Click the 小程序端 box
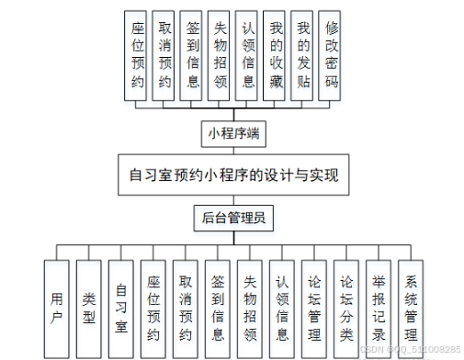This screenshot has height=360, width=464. [233, 133]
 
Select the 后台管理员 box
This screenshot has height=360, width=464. [233, 218]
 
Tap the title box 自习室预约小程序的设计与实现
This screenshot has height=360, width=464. [233, 175]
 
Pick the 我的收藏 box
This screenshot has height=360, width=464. [274, 56]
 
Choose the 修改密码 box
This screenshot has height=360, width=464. [330, 56]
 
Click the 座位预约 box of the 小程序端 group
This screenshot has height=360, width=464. [136, 56]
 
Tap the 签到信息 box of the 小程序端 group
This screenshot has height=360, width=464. [192, 56]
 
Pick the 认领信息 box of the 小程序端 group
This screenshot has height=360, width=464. [246, 56]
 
